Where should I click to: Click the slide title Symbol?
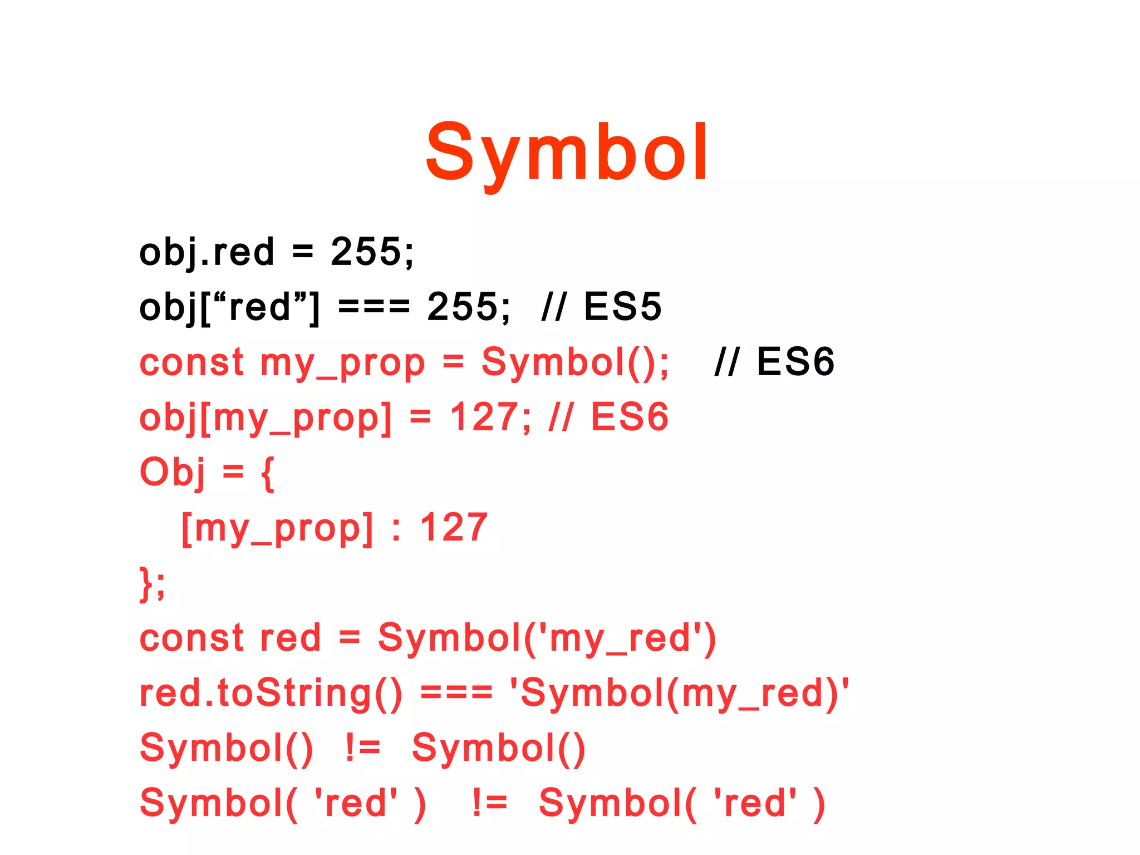pos(567,153)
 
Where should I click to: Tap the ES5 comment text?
pos(622,307)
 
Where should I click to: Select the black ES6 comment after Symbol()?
pos(795,362)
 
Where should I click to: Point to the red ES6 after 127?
pos(629,417)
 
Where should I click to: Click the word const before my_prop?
pos(191,362)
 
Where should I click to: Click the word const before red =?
pos(191,638)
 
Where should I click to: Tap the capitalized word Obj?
pos(172,472)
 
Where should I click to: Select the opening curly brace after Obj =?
pos(268,473)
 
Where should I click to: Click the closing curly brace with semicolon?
pos(152,583)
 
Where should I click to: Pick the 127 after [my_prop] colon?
pos(454,527)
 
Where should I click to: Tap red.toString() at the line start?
pos(271,694)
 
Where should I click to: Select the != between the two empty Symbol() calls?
pos(362,748)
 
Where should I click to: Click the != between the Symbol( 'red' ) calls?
pos(489,803)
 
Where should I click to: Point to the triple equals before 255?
pos(374,307)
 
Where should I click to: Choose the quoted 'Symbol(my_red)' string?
pos(680,694)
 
